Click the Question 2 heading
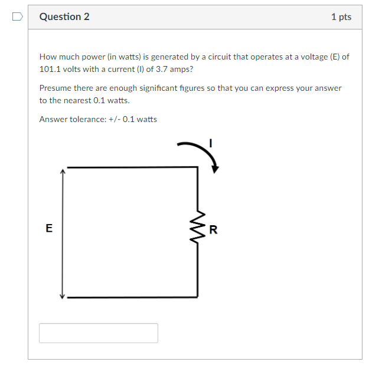click(x=64, y=17)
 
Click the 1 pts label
click(x=341, y=17)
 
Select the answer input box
click(x=99, y=333)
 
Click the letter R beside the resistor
click(x=213, y=230)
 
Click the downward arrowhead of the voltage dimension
click(x=62, y=295)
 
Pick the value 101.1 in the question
click(x=51, y=68)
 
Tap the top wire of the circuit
click(x=130, y=167)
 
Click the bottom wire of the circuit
click(x=130, y=297)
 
